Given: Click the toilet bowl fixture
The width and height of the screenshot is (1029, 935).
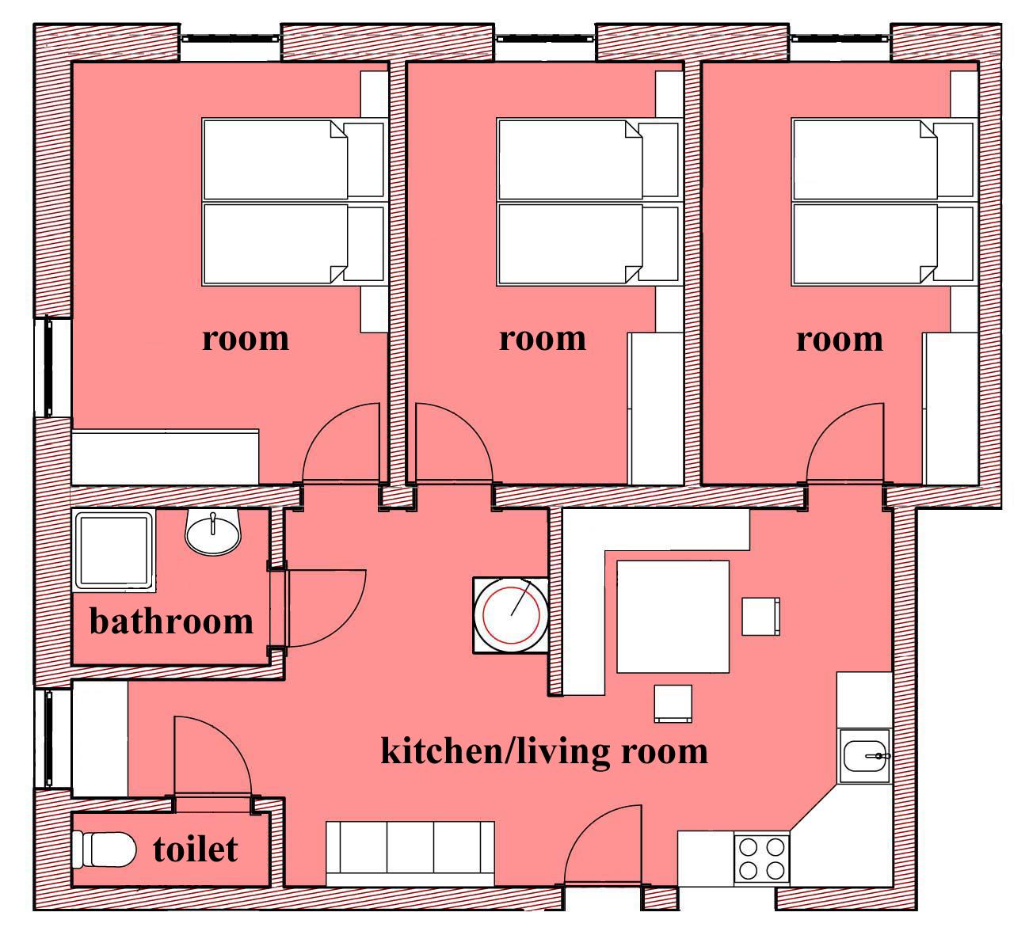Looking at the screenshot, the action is (104, 849).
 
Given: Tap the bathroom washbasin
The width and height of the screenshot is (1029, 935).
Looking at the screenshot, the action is (213, 532).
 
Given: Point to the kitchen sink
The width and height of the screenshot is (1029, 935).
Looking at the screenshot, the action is (865, 755).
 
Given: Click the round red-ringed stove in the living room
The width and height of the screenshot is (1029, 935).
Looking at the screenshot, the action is (511, 615).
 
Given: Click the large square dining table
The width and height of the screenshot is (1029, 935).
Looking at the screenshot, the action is (673, 617).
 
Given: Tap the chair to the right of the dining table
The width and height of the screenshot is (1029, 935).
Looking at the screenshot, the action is (760, 617).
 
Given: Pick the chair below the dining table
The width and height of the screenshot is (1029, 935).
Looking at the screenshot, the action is (673, 704).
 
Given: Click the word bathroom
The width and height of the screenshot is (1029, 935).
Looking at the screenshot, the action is (171, 621).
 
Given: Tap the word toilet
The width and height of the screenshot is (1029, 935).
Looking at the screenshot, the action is (196, 849).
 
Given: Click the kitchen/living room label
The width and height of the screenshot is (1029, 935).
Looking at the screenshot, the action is (544, 752).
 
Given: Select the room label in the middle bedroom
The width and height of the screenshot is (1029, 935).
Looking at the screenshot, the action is (543, 339).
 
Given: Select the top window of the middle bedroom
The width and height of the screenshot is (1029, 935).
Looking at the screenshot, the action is (545, 39).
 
